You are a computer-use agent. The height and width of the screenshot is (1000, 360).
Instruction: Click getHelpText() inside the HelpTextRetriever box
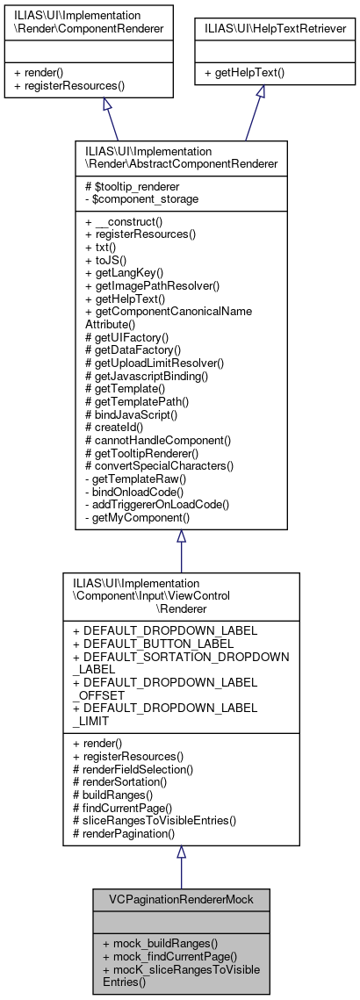pyautogui.click(x=241, y=73)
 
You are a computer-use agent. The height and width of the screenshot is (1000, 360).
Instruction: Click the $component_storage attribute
pyautogui.click(x=138, y=198)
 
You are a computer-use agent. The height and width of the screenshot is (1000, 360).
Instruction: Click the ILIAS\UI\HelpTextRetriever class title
pyautogui.click(x=260, y=29)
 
